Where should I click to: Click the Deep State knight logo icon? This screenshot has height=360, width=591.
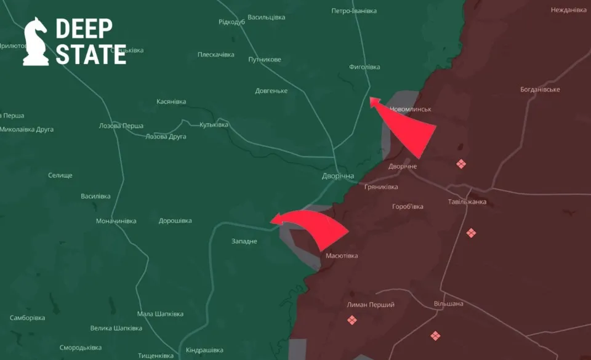click(36, 41)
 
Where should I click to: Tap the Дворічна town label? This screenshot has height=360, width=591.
click(338, 176)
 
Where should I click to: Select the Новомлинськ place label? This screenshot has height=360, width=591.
click(411, 110)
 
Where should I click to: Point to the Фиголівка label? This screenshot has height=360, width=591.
click(364, 67)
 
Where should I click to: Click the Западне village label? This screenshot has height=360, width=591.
click(244, 241)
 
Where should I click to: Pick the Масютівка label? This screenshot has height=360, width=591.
click(342, 256)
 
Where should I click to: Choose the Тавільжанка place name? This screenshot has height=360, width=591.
click(467, 202)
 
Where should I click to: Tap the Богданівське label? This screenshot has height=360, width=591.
click(540, 89)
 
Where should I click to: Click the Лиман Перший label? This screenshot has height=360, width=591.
click(371, 305)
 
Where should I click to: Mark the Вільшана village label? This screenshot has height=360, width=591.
click(448, 304)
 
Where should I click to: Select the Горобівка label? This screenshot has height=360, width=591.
click(408, 207)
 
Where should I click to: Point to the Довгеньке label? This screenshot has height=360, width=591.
click(271, 91)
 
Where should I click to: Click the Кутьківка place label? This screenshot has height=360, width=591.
click(214, 125)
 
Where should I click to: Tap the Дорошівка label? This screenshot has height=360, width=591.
click(175, 221)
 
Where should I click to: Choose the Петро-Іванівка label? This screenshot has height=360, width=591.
click(354, 11)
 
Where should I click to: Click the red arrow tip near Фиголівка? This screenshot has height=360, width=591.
click(371, 99)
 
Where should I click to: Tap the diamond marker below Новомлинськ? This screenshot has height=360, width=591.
click(461, 164)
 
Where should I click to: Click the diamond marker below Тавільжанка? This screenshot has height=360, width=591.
click(471, 233)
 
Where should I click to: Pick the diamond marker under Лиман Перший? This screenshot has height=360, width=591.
click(352, 320)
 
